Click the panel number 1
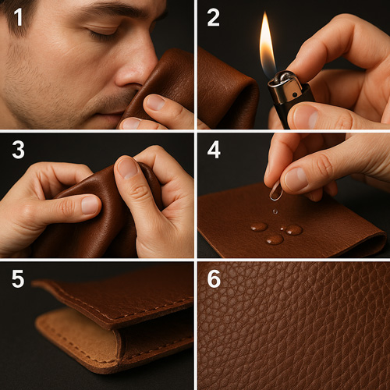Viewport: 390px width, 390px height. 18,17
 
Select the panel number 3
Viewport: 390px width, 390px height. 18,150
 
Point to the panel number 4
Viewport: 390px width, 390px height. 214,150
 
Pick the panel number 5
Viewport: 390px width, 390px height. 18,278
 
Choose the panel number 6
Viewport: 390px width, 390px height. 214,278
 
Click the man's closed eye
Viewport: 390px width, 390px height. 104,34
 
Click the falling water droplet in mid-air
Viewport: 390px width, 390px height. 275,211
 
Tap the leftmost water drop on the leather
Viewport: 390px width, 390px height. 259,227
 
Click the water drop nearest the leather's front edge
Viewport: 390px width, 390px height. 275,239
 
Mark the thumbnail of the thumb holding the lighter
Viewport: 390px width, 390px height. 306,115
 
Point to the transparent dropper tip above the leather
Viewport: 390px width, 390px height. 276,190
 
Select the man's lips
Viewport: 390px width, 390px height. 109,115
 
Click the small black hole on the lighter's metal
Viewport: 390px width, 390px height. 295,95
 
